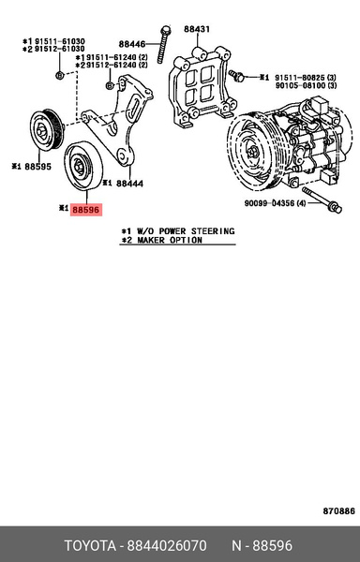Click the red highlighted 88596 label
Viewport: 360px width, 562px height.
pyautogui.click(x=86, y=212)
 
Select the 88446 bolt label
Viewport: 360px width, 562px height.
pyautogui.click(x=132, y=44)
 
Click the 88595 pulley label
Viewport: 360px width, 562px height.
pyautogui.click(x=37, y=167)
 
